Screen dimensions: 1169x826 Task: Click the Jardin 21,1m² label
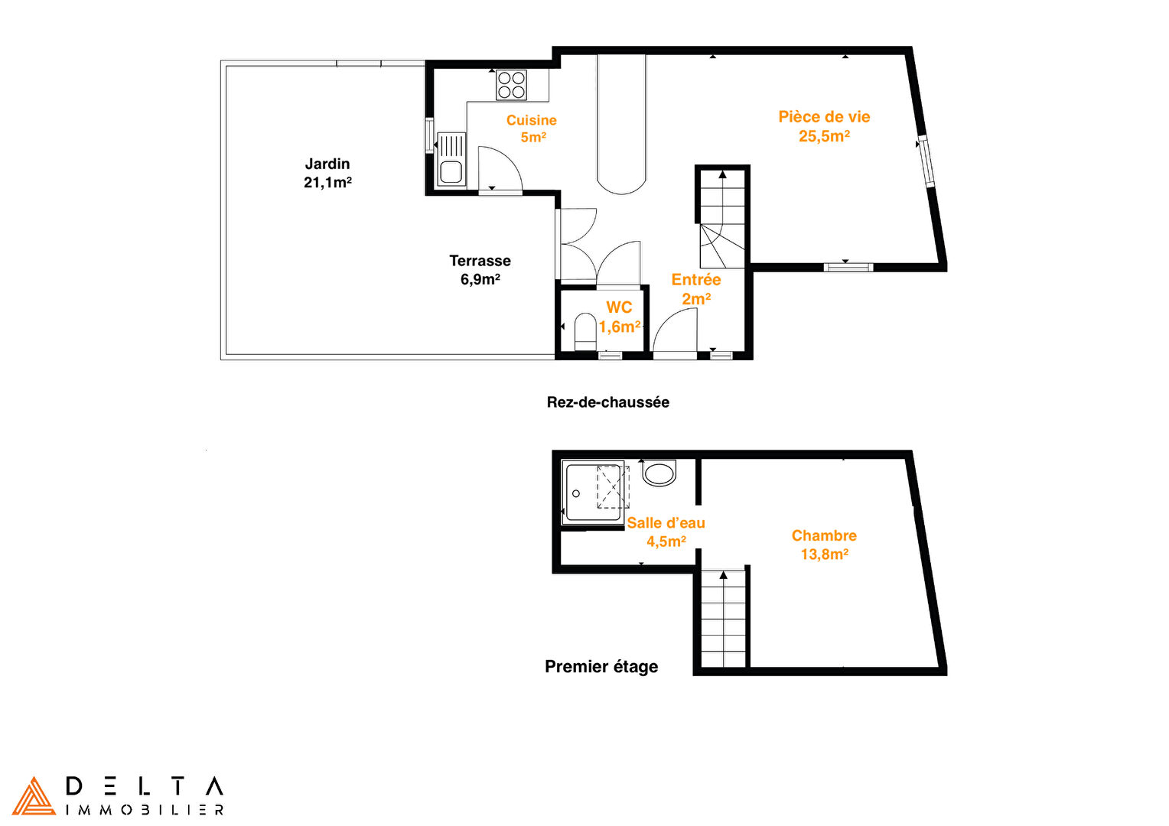coord(327,173)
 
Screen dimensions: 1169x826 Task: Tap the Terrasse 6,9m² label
coord(480,270)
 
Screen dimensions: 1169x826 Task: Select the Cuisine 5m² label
coord(532,128)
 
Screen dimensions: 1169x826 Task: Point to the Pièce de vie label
coord(824,116)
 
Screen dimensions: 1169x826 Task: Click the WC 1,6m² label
coord(620,317)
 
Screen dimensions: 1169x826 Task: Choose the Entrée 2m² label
coord(695,289)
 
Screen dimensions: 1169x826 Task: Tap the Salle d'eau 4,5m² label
coord(666,532)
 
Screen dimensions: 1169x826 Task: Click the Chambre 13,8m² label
coord(824,545)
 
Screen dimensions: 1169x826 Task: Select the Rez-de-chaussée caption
coord(608,402)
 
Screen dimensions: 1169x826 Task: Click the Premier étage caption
coord(601,666)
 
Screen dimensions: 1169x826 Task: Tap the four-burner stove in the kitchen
coord(511,85)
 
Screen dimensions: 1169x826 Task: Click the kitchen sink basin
coord(451,171)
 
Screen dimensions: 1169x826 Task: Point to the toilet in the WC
coord(585,331)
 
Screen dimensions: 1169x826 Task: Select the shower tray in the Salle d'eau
coord(594,493)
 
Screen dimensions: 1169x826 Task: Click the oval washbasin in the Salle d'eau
coord(659,473)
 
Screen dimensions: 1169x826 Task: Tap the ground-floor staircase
coord(722,220)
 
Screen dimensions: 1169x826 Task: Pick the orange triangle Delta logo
coord(34,795)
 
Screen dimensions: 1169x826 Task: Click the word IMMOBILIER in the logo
coord(145,811)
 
